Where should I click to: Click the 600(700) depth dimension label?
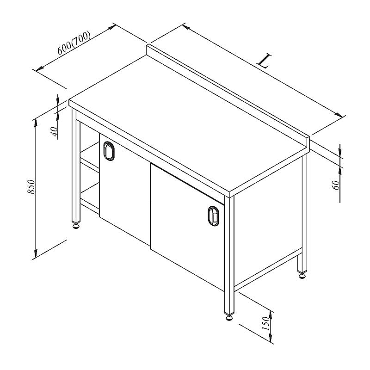click(x=74, y=43)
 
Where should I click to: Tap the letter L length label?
click(x=264, y=61)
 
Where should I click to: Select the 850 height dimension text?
click(x=31, y=187)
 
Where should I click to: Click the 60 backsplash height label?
click(x=336, y=185)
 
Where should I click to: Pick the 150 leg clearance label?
click(x=265, y=323)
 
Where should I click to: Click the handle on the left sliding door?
click(x=109, y=151)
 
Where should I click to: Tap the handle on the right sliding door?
click(x=214, y=216)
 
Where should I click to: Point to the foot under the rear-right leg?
click(x=302, y=275)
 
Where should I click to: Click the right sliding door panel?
click(x=187, y=227)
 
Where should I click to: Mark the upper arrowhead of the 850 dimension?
click(x=36, y=122)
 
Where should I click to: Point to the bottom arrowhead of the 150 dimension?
click(x=271, y=338)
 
